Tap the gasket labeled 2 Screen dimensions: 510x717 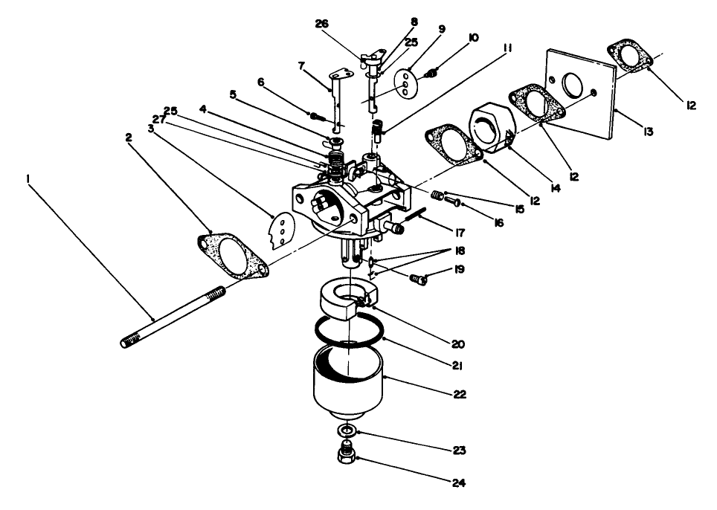233,255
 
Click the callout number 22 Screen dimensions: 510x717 460,395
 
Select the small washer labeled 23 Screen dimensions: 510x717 345,431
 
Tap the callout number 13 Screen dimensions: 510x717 649,132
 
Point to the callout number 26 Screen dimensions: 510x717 322,24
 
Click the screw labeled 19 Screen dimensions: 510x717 420,279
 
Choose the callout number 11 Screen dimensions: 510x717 507,48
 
